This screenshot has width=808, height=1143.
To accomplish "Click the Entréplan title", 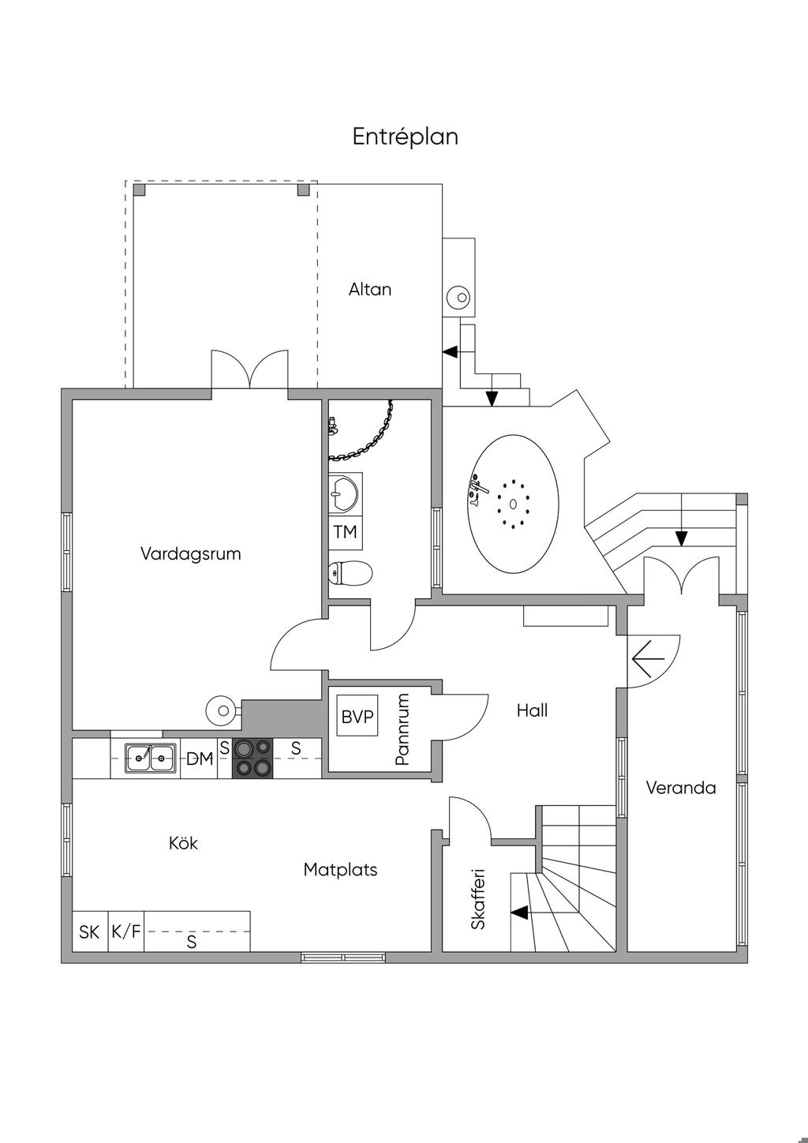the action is click(405, 137).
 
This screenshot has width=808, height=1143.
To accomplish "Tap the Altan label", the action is click(370, 290).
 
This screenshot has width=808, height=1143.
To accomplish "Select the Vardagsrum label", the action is click(191, 554).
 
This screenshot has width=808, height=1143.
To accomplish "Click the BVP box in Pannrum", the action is click(357, 715).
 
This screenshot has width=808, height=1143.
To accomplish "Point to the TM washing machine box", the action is click(346, 532).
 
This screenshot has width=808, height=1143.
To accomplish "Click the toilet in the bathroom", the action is click(350, 572).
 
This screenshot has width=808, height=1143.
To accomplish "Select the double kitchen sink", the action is click(151, 758).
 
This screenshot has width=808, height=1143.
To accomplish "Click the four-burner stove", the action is click(252, 759).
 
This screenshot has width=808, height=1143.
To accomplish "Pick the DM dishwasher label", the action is click(200, 759).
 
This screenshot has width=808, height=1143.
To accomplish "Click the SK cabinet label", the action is click(89, 932).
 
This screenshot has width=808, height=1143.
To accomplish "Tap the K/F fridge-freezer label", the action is click(126, 931).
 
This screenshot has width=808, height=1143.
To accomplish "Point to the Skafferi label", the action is click(478, 899).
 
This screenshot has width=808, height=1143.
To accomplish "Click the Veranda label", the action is click(681, 788).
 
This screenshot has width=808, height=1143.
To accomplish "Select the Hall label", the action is click(532, 710).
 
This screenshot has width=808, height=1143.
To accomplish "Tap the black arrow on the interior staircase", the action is click(520, 913).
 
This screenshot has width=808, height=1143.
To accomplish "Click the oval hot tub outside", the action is click(513, 504).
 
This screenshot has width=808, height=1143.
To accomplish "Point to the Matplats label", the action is click(340, 870).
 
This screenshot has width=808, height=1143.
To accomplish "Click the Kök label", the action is click(183, 843).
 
